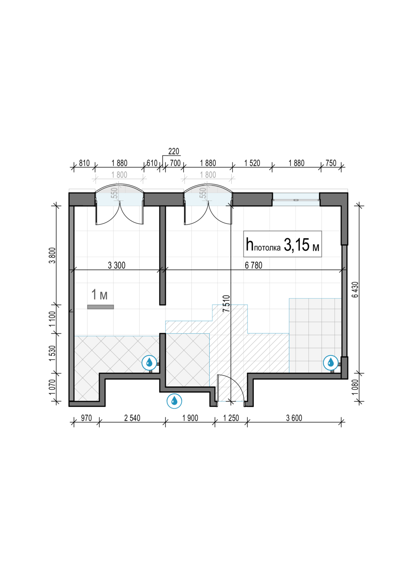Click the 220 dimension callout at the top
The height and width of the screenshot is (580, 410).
point(174,151)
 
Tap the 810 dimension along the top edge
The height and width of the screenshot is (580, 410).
point(84,163)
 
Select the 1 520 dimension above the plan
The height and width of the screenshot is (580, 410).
point(252,163)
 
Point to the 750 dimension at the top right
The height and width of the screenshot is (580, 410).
point(331,163)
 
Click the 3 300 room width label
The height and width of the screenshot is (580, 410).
point(116,265)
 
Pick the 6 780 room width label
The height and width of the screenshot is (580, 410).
point(253,265)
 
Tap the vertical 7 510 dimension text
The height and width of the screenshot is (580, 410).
point(226,304)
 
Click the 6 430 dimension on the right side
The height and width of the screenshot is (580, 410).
point(355,290)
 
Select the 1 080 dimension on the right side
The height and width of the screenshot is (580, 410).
point(355,387)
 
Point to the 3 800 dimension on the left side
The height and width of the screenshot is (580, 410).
point(53,255)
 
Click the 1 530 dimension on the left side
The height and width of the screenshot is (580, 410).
point(53,353)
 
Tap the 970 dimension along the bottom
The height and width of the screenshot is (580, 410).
point(86,418)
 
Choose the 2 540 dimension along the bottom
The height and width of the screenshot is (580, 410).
point(132,418)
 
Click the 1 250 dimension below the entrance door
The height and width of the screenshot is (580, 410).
point(231,418)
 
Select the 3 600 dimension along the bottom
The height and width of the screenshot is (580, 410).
point(294,418)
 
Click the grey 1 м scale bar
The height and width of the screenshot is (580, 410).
point(101,307)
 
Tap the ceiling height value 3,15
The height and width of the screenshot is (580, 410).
point(297,245)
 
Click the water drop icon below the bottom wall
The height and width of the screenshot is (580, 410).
point(174,401)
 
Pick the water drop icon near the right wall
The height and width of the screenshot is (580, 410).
point(331,363)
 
